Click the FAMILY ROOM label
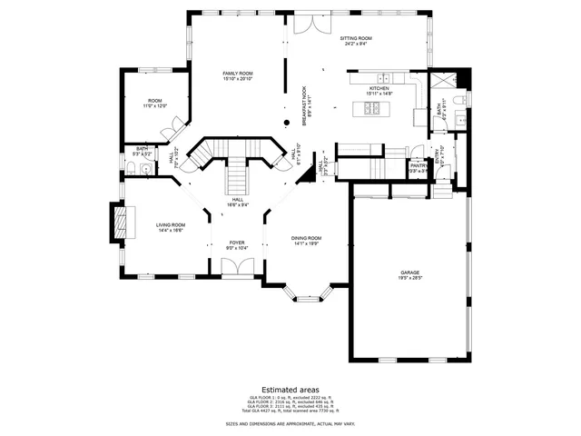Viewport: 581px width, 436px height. [x=239, y=73]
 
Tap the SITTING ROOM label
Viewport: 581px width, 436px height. [x=356, y=39]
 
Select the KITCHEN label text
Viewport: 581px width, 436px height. [x=378, y=89]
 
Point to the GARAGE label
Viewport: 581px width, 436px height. [x=409, y=272]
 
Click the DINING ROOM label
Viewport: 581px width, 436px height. [x=307, y=238]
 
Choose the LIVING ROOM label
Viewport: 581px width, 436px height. [x=170, y=225]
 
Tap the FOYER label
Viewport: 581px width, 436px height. [x=237, y=243]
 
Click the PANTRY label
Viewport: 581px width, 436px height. [x=418, y=165]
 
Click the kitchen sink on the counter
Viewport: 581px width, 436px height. [x=385, y=77]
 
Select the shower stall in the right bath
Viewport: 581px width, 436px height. [x=442, y=79]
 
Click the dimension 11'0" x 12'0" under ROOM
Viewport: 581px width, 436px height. [x=155, y=106]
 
